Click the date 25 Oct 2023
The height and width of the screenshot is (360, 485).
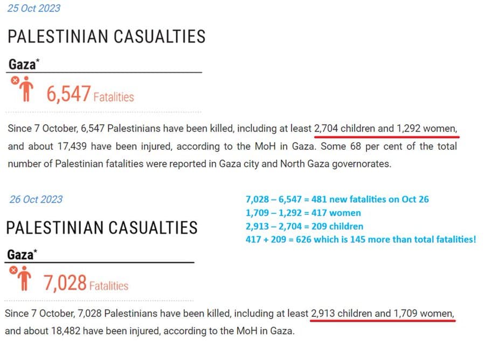tap(33, 8)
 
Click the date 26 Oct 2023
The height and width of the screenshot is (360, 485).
tap(36, 199)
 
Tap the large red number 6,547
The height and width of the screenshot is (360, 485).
tap(68, 95)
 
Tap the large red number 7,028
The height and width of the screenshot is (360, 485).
tap(65, 282)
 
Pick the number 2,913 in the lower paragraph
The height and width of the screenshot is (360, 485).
tap(323, 313)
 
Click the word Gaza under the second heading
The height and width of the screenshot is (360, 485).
tap(20, 254)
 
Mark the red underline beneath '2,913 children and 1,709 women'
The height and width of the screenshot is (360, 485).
tap(383, 320)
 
